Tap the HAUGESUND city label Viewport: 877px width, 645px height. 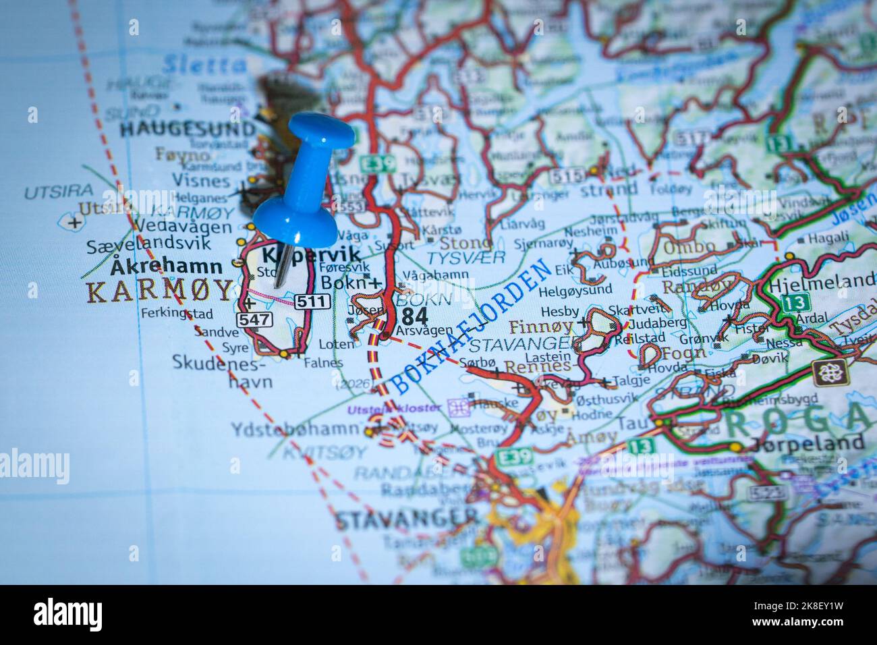click(188, 130)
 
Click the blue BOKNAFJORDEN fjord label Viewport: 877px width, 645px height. click(472, 327)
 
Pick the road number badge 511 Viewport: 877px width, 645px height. click(312, 302)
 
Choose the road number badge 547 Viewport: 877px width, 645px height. click(254, 319)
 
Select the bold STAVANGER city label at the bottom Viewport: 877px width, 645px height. click(406, 520)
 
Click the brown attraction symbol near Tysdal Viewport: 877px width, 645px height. click(829, 372)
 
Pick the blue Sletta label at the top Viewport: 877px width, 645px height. click(204, 65)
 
